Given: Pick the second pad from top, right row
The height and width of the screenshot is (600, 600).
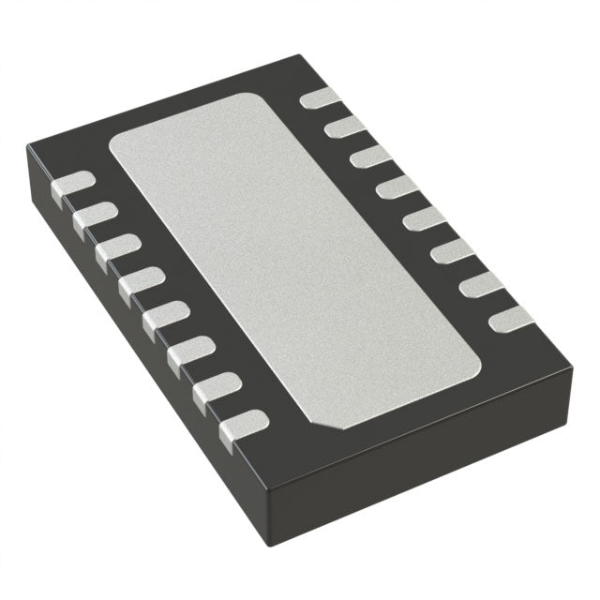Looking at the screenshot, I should pos(345,127).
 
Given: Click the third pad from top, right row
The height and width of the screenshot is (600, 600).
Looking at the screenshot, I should pos(370,157).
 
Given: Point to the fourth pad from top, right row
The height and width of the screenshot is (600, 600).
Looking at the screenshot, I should pos(397,188).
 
